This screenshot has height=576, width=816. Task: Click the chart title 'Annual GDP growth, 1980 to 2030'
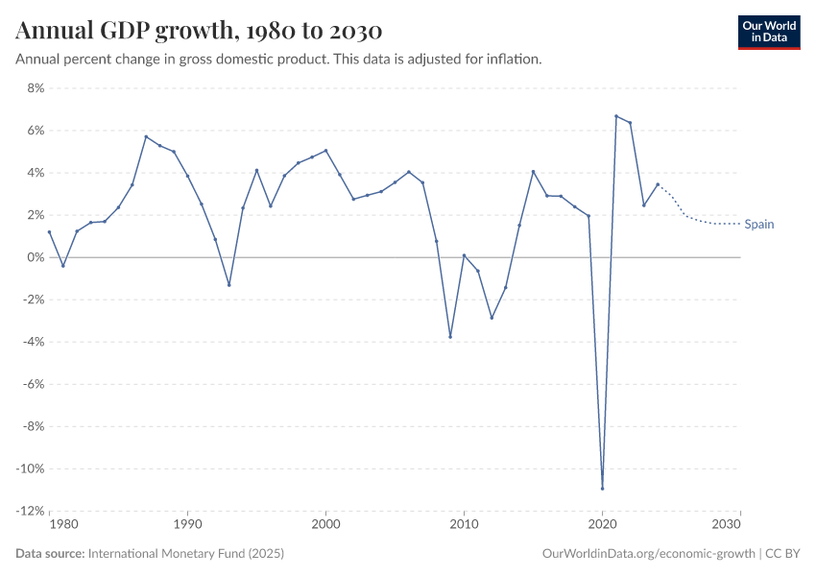pyautogui.click(x=199, y=31)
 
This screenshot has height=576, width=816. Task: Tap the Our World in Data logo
pyautogui.click(x=768, y=32)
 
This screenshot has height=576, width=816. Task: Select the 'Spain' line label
pyautogui.click(x=758, y=225)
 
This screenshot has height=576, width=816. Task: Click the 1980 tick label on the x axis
pyautogui.click(x=63, y=525)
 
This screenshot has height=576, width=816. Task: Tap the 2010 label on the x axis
pyautogui.click(x=464, y=525)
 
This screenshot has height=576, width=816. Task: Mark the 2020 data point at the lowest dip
pyautogui.click(x=602, y=489)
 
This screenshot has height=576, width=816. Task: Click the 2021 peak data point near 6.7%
pyautogui.click(x=616, y=116)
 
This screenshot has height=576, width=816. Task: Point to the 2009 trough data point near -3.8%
pyautogui.click(x=450, y=337)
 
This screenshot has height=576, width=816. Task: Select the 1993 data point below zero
pyautogui.click(x=228, y=285)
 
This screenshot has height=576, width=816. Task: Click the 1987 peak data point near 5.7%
pyautogui.click(x=146, y=136)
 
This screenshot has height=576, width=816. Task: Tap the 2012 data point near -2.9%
pyautogui.click(x=492, y=318)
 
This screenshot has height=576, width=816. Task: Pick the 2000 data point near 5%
pyautogui.click(x=325, y=151)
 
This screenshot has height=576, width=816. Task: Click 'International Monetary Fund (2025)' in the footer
pyautogui.click(x=185, y=554)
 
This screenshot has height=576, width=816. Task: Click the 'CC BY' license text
pyautogui.click(x=782, y=554)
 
